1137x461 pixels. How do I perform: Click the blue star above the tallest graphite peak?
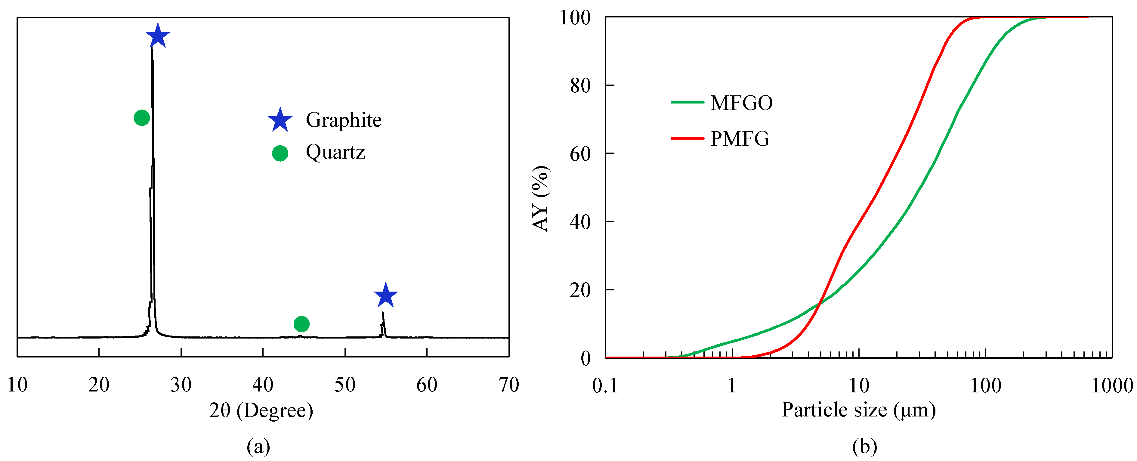(158, 36)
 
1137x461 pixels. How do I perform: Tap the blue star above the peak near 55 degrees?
(385, 295)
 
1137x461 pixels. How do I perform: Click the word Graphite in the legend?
(343, 120)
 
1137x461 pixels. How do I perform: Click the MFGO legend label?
(742, 103)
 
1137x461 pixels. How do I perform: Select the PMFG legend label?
(740, 139)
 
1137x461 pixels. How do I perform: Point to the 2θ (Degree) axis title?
(261, 411)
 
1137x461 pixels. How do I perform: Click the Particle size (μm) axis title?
(858, 410)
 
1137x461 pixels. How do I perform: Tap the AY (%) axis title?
(540, 199)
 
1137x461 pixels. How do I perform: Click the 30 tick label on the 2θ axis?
(181, 385)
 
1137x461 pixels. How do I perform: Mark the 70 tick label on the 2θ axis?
(508, 385)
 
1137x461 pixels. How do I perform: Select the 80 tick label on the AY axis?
(580, 86)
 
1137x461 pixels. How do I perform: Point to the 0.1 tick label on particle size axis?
(605, 386)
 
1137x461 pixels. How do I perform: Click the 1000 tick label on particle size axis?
(1112, 386)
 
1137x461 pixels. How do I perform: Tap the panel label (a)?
(258, 447)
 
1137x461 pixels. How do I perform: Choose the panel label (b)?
(864, 447)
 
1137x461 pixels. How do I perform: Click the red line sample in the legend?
(687, 138)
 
